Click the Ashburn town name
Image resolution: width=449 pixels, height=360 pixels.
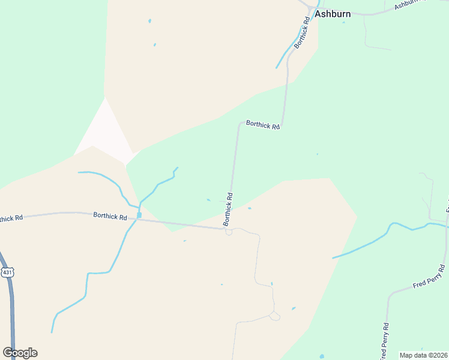(x=333, y=13)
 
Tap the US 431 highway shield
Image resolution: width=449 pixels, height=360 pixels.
(x=7, y=272)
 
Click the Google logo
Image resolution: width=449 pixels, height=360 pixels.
(x=20, y=353)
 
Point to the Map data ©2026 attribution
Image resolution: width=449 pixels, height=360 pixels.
(x=423, y=355)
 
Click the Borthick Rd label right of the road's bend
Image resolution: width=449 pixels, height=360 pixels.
(x=263, y=126)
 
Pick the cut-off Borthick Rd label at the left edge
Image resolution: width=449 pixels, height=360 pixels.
(x=11, y=218)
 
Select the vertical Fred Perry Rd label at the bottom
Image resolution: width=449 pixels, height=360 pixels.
(x=385, y=342)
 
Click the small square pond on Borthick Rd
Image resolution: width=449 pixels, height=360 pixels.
(x=139, y=215)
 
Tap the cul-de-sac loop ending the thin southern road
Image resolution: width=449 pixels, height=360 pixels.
(x=274, y=316)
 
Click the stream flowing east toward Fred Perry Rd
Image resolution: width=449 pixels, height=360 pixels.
(x=372, y=241)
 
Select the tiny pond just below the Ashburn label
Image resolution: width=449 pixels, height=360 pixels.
(x=344, y=23)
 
